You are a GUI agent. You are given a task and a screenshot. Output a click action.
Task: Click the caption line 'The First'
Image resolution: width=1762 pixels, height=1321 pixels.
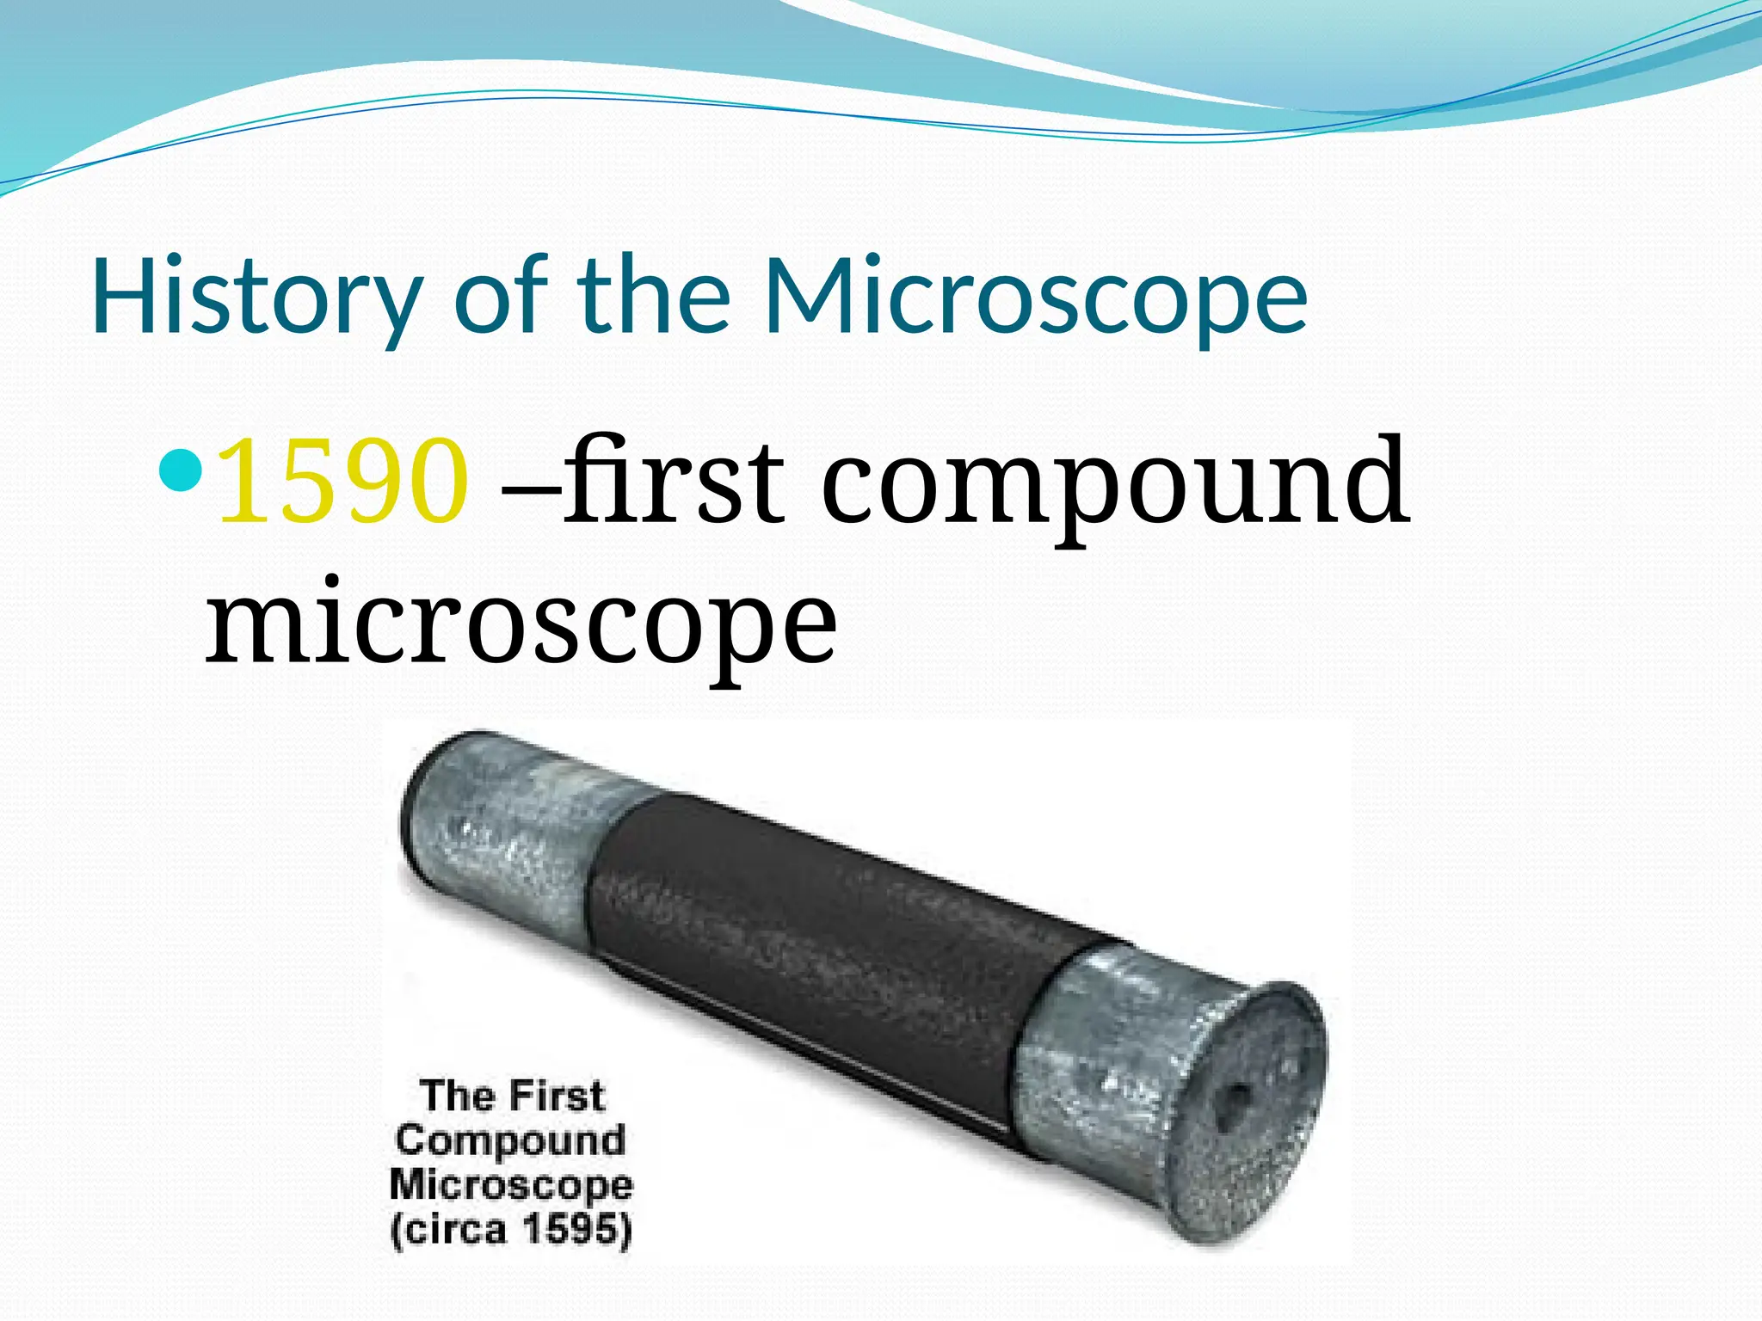click(x=513, y=1097)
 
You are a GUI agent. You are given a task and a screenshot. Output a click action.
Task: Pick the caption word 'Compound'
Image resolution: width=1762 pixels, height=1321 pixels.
click(x=511, y=1141)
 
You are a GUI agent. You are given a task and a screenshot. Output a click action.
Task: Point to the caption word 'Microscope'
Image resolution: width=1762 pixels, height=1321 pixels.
click(x=511, y=1185)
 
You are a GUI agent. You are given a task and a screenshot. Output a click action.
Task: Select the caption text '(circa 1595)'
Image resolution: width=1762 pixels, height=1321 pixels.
click(x=511, y=1229)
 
